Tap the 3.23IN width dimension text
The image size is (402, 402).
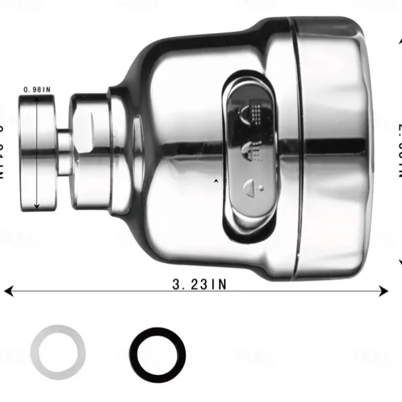pyautogui.click(x=199, y=285)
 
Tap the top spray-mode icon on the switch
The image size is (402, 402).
pyautogui.click(x=253, y=113)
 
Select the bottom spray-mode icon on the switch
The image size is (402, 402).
pyautogui.click(x=253, y=187)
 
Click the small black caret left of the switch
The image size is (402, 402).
pyautogui.click(x=216, y=179)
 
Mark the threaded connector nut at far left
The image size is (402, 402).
pyautogui.click(x=38, y=153)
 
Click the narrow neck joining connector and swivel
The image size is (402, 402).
pyautogui.click(x=63, y=153)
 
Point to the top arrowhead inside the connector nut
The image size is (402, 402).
pyautogui.click(x=37, y=100)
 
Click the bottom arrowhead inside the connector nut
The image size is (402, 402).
pyautogui.click(x=37, y=206)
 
